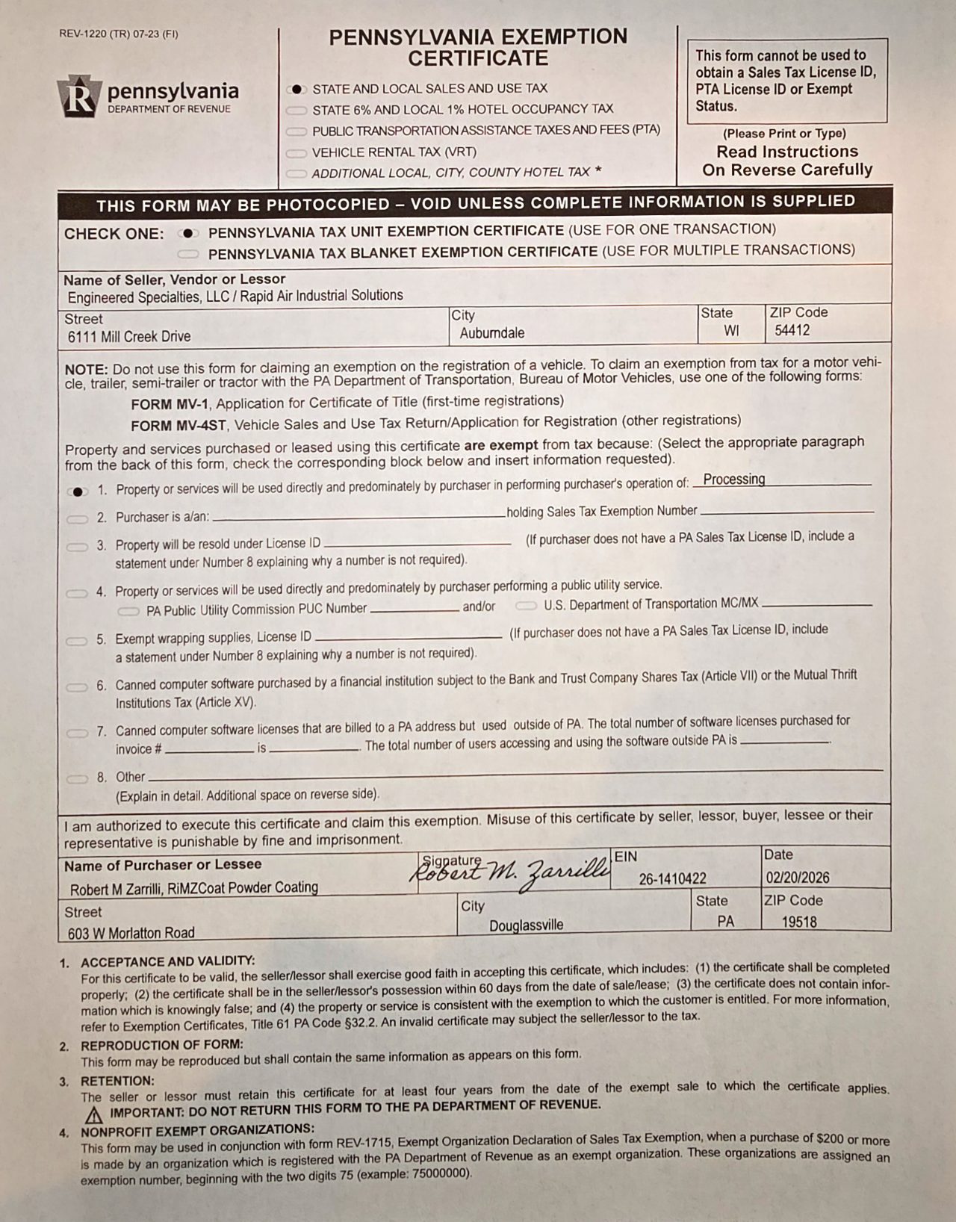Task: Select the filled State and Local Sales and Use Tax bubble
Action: click(x=297, y=89)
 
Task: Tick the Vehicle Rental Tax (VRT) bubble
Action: click(x=297, y=153)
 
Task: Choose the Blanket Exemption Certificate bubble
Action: click(x=187, y=254)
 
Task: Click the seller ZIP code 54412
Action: click(x=792, y=330)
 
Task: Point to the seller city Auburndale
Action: click(x=491, y=333)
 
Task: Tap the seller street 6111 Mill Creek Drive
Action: click(x=128, y=337)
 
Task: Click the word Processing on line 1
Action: click(x=734, y=480)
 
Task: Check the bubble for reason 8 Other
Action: click(x=77, y=779)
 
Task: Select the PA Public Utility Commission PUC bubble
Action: click(x=128, y=611)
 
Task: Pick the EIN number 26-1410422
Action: click(x=672, y=879)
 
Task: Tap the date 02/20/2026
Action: click(x=797, y=878)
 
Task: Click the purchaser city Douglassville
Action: click(x=526, y=925)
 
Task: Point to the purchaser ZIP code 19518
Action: click(x=799, y=922)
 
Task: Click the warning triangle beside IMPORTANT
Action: click(x=93, y=1116)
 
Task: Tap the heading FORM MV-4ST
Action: click(x=178, y=426)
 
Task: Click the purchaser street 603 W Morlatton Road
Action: click(x=131, y=933)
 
